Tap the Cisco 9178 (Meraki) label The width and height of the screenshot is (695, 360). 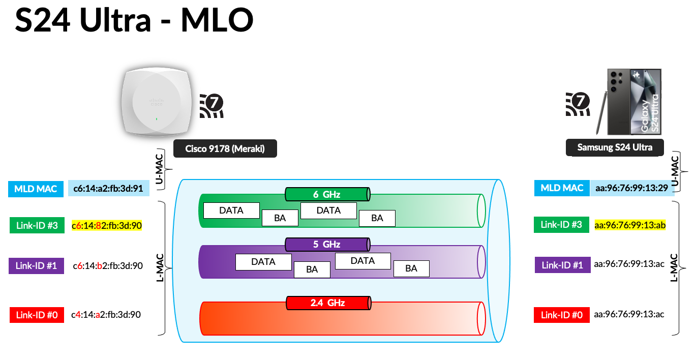click(225, 148)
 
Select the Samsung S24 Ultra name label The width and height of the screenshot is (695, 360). click(616, 147)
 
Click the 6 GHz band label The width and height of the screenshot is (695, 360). click(326, 194)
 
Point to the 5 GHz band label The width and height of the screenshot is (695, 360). click(326, 244)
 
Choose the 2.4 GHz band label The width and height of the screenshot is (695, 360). click(327, 303)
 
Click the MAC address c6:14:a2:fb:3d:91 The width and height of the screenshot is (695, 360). click(109, 189)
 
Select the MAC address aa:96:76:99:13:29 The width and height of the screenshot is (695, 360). click(632, 188)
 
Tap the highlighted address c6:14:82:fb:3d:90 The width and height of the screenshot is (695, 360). click(107, 225)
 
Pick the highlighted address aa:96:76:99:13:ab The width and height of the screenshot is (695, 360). click(630, 224)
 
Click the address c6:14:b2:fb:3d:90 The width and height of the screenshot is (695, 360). click(107, 265)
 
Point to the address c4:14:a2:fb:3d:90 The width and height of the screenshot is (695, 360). click(106, 314)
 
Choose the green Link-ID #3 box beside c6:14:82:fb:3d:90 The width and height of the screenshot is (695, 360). click(36, 225)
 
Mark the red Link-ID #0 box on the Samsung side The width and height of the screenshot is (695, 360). click(562, 315)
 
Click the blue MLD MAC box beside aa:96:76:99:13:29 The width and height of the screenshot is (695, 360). click(562, 188)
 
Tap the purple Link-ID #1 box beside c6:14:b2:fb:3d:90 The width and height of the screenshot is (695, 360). click(36, 265)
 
